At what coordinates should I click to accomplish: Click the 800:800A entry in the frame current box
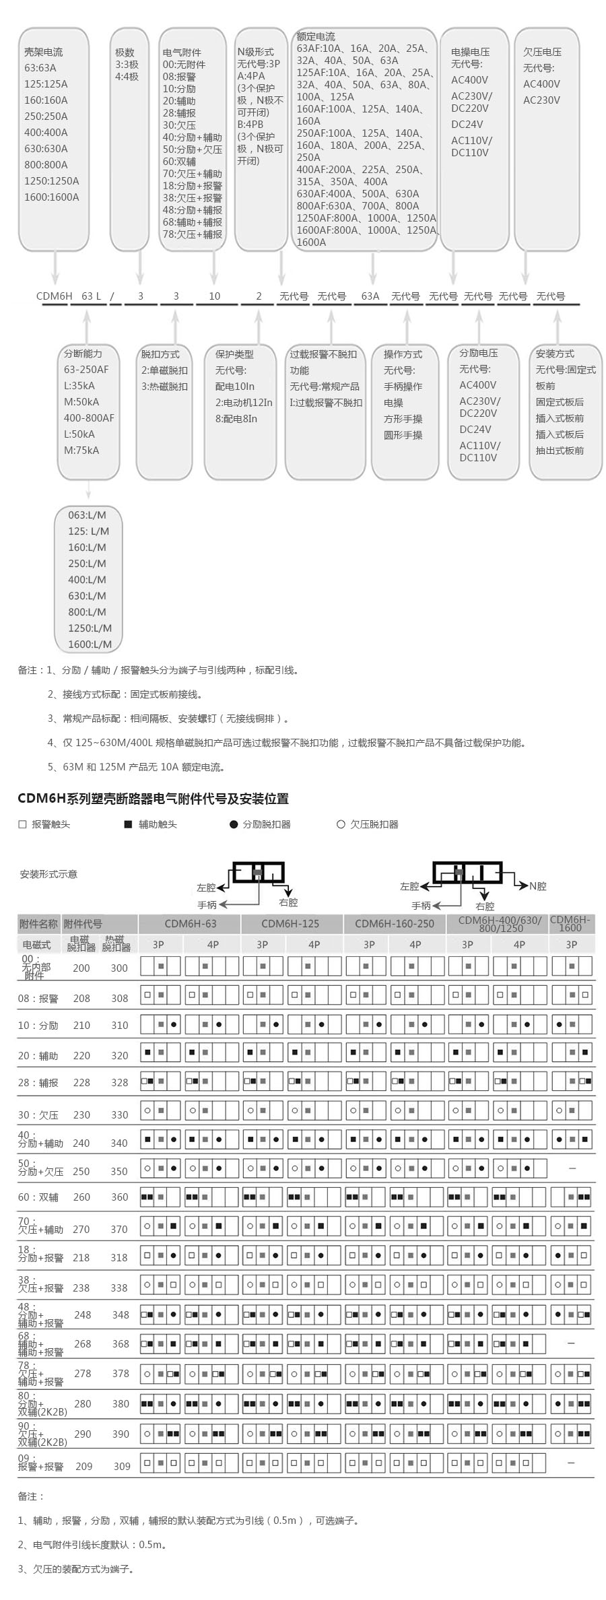coord(46,165)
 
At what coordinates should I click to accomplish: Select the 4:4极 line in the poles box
coord(127,77)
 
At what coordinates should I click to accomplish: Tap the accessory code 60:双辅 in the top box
coord(179,162)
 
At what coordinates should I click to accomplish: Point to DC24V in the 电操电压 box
coord(467,125)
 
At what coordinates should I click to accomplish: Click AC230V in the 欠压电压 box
coord(541,100)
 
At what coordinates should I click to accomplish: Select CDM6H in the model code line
coord(54,296)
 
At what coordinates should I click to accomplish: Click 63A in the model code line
coord(370,296)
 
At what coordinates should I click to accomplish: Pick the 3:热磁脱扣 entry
coord(164,387)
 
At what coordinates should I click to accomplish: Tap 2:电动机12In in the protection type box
coord(244,403)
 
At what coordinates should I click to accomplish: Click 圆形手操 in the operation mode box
coord(403,435)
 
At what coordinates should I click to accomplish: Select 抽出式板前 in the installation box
coord(560,451)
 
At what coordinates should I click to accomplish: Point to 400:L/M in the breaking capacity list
coord(87,580)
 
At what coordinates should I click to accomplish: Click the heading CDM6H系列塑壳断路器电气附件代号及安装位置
coord(153,799)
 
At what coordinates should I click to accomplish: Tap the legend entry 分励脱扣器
coord(267,824)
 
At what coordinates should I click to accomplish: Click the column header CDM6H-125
coord(290,924)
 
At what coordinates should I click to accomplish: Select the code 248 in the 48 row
coord(83,1314)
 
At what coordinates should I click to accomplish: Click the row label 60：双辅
coord(38,1197)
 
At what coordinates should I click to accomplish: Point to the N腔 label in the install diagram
coord(537,886)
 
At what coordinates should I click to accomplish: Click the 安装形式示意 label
coord(48,874)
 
